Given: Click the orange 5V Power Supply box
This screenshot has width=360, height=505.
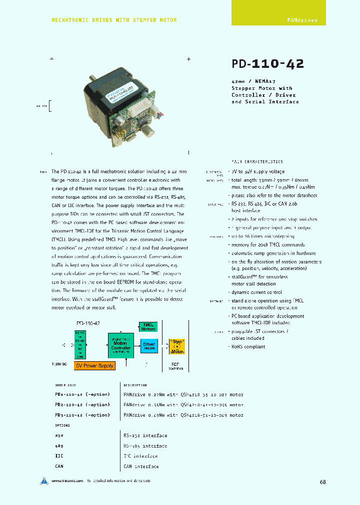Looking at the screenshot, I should pos(94,366).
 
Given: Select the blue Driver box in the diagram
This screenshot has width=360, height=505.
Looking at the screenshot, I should pos(149,345).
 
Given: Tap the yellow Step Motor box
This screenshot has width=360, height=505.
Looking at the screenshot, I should pos(176,345).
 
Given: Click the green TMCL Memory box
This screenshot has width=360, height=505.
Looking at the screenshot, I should pos(148,327).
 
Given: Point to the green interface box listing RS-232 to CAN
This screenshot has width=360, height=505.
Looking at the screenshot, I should pos(80,344).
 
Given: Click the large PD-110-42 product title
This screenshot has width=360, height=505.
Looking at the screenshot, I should pos(267,64).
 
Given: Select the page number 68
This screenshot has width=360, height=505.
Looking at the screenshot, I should pos(323,482).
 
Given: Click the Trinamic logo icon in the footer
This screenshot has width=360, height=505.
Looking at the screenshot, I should pos(44,481).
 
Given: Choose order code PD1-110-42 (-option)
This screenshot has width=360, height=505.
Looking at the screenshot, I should pos(82,394).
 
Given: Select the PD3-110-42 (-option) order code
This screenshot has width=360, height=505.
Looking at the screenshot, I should pos(82,415).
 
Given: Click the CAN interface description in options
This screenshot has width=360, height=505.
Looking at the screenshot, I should pos(141,467).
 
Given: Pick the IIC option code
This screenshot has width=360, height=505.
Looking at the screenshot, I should pos(59,456).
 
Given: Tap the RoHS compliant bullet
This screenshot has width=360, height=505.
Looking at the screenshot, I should pos(248,346).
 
